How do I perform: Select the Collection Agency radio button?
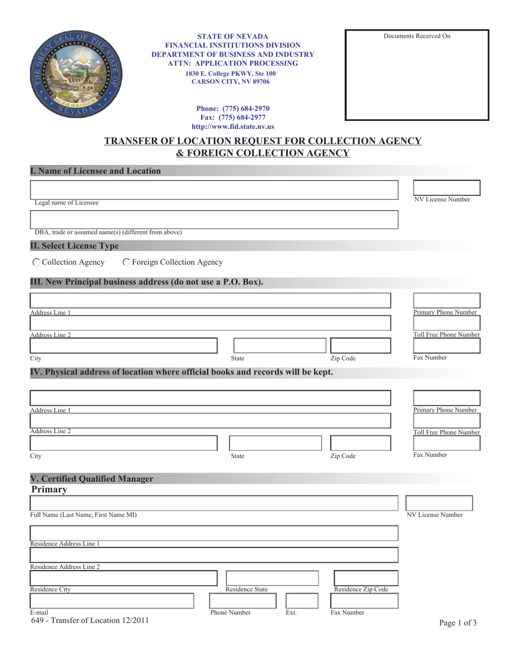pos(36,262)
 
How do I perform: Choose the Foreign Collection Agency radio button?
pos(126,262)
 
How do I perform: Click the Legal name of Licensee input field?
pos(214,190)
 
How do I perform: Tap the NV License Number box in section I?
pos(446,188)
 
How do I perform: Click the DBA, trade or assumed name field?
pos(214,219)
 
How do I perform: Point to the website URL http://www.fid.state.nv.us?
pos(233,127)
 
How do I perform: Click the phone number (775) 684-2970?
pos(233,109)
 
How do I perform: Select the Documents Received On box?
pos(417,75)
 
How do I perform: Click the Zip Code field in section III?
pos(360,346)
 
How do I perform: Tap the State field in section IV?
pos(275,443)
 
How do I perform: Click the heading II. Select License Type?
pos(75,246)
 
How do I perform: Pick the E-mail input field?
pos(111,601)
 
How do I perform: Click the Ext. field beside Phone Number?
pos(302,601)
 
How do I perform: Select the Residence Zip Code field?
pos(366,578)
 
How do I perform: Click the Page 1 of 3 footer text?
pos(458,623)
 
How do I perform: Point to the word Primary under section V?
pos(49,490)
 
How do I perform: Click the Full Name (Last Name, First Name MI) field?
pos(214,504)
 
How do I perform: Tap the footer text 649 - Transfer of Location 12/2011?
pos(90,621)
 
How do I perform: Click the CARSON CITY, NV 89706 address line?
pos(231,82)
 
